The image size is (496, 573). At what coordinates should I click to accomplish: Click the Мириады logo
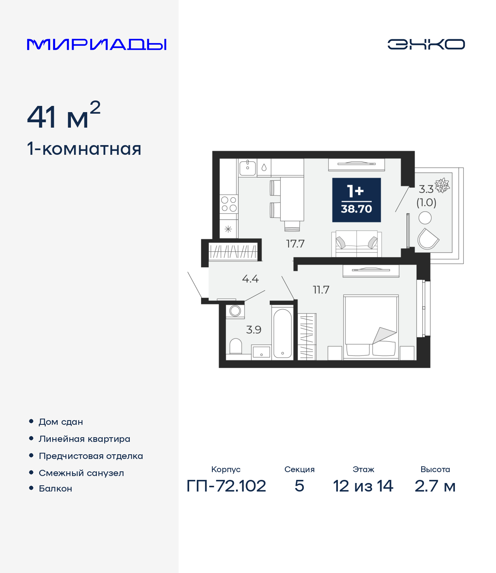tap(96, 44)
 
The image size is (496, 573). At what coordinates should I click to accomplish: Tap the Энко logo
tap(426, 44)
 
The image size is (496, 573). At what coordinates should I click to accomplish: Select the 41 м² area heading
tap(64, 116)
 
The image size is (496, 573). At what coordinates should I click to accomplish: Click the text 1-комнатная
tap(84, 149)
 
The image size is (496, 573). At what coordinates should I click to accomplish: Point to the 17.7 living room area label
tap(295, 244)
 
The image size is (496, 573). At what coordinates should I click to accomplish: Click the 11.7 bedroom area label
tap(321, 290)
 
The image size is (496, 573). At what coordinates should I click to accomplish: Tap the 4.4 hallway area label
tap(250, 279)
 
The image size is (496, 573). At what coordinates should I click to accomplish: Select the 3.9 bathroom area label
tap(253, 330)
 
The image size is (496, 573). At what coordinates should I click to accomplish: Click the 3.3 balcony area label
tap(426, 189)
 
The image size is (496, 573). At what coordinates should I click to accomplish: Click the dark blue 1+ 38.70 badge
tap(356, 200)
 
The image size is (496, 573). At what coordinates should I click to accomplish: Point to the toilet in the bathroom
tap(236, 346)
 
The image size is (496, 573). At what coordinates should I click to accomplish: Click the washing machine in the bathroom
tap(235, 311)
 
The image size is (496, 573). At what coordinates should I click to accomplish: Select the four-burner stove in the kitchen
tap(229, 204)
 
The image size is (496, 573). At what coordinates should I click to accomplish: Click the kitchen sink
tap(248, 168)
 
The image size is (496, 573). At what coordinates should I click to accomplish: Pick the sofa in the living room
tap(356, 244)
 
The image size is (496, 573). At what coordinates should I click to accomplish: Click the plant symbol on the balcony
tap(442, 186)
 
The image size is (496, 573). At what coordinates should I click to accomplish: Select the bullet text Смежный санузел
tap(81, 473)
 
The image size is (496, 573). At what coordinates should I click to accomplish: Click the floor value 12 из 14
tap(363, 486)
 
